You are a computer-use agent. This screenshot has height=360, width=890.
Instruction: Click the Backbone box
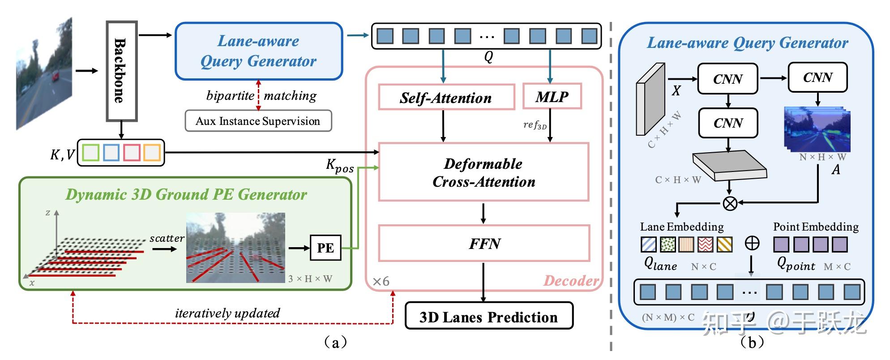(121, 71)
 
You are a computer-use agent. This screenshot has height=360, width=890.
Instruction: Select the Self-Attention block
(446, 97)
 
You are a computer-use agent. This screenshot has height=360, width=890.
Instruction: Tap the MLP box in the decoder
(552, 96)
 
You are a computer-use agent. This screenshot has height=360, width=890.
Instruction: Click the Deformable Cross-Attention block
(484, 172)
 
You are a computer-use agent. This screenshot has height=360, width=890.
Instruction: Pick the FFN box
(484, 244)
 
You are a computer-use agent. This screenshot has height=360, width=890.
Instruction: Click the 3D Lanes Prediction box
(488, 317)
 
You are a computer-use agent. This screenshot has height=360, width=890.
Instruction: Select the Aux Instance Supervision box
(258, 121)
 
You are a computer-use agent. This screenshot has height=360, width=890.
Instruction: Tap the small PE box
(325, 248)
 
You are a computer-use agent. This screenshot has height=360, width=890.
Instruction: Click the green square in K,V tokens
(91, 153)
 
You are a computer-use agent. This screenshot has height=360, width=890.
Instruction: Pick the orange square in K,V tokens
(152, 153)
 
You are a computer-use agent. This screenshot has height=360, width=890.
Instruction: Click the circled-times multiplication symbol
(730, 204)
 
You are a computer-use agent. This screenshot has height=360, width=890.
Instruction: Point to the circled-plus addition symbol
(752, 243)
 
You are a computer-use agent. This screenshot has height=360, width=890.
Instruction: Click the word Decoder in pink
(571, 281)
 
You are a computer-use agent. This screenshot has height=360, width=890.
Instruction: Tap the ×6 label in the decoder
(381, 281)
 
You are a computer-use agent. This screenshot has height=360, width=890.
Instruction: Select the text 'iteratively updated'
(227, 313)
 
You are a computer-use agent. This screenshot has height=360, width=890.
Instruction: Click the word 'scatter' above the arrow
(167, 238)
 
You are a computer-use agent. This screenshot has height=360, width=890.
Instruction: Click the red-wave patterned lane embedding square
(705, 244)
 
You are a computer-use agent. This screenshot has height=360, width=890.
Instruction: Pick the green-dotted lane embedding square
(667, 244)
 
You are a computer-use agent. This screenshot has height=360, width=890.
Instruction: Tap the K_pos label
(339, 166)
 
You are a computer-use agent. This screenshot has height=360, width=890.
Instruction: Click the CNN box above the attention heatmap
(817, 77)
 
